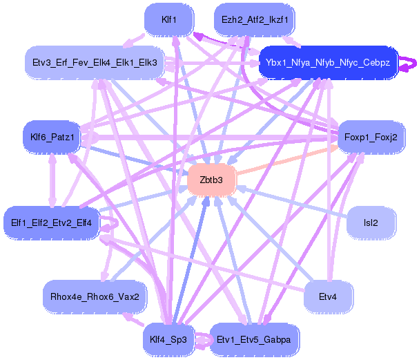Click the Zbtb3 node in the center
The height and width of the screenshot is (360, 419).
pos(211,180)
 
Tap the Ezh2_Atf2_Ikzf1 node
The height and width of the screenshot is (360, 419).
pos(255,19)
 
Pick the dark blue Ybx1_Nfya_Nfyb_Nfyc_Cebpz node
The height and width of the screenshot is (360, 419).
pos(327,63)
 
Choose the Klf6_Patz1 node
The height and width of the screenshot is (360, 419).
pos(52,137)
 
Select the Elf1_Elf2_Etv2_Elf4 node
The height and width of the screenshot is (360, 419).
pos(52,222)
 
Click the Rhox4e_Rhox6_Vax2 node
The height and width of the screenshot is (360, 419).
pos(95,296)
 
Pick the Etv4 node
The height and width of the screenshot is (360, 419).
pos(327,296)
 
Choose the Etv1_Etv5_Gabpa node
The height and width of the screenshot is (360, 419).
pos(254,339)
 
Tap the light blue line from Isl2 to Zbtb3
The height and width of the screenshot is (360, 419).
pos(290,201)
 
